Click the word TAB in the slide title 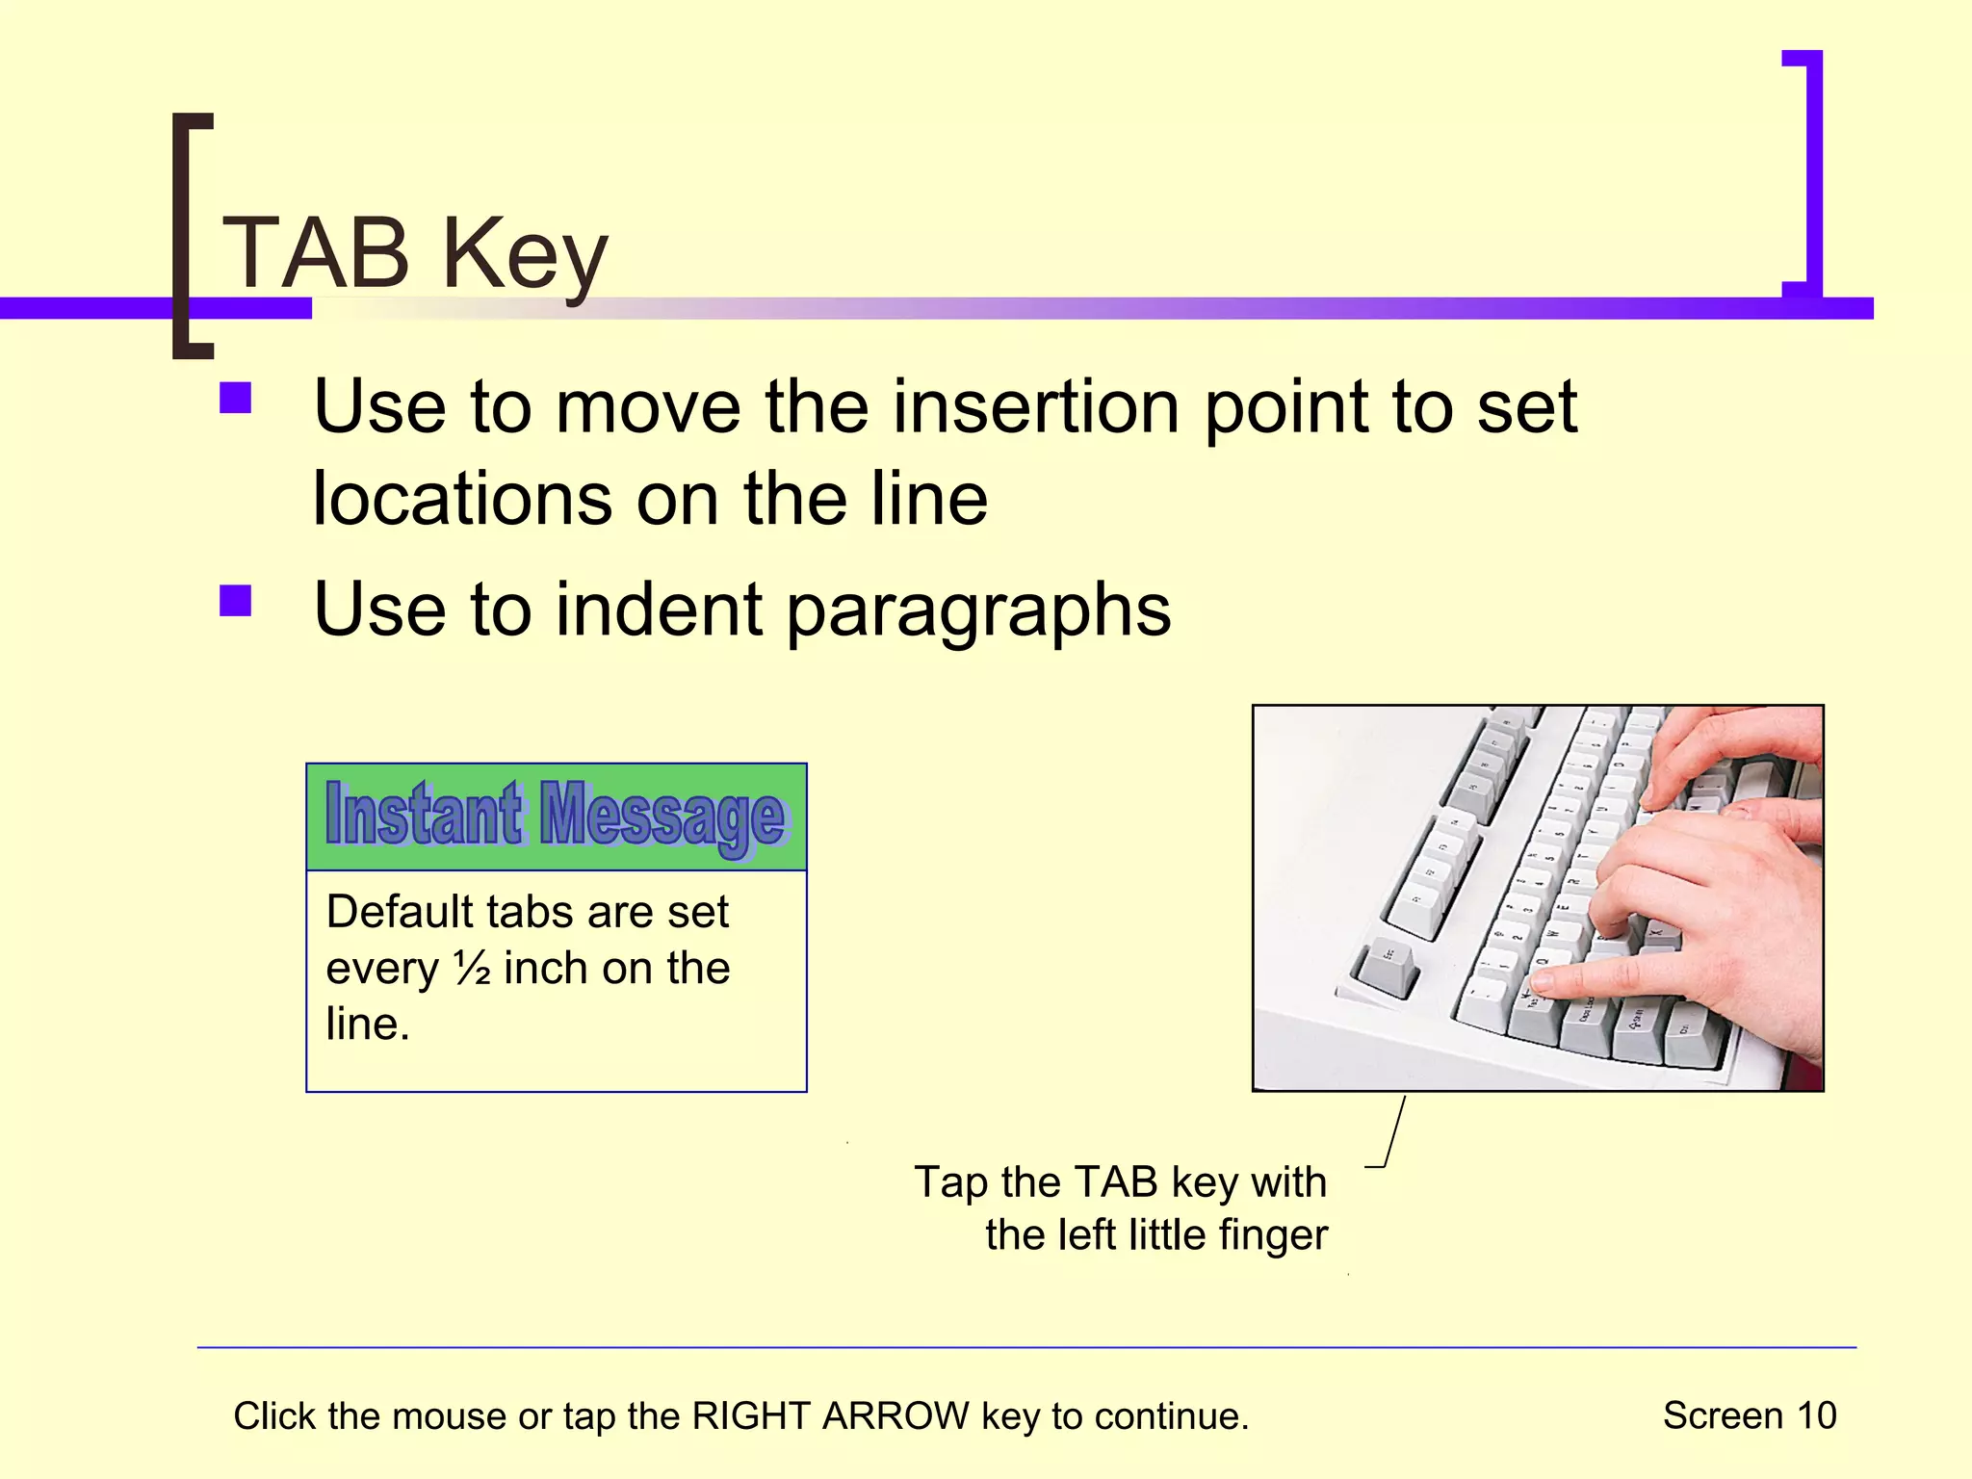[x=317, y=253]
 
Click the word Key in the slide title [x=525, y=255]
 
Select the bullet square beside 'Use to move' [x=236, y=398]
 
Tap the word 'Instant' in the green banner [x=425, y=815]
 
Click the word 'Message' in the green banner [x=662, y=817]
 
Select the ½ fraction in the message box [x=472, y=968]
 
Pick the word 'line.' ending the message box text [x=368, y=1024]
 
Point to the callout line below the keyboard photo [x=1392, y=1131]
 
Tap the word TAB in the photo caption [x=1115, y=1181]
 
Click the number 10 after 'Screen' [x=1816, y=1415]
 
